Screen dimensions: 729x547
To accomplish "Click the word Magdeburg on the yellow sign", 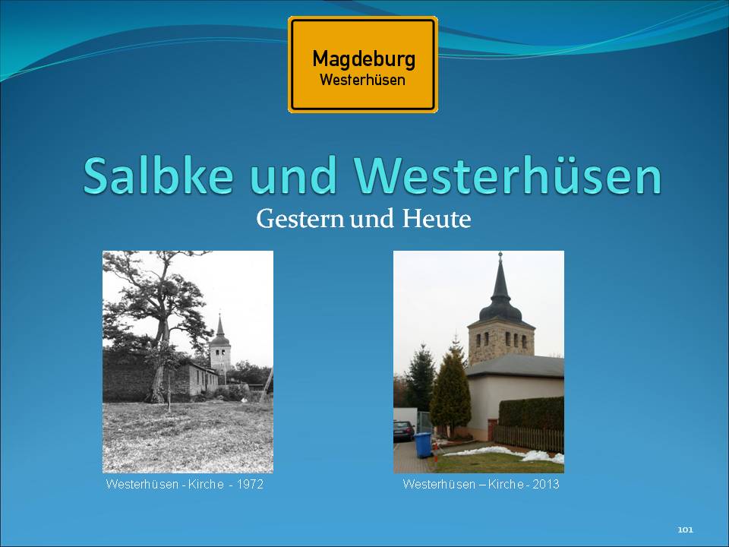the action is [x=364, y=60].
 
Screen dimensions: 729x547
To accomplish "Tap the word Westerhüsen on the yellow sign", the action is [x=363, y=80].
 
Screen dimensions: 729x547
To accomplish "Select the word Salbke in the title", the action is [x=158, y=176].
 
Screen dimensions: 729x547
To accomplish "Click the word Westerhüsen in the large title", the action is [x=508, y=176].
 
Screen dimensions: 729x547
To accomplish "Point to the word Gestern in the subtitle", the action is [x=300, y=219].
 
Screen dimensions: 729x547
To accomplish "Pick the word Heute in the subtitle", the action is [x=436, y=219].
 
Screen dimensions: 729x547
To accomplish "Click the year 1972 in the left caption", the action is [x=250, y=484].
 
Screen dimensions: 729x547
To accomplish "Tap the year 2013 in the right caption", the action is [x=546, y=484].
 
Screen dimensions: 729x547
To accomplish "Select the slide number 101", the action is [x=685, y=530].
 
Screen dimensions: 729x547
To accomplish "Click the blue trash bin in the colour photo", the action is [x=423, y=445].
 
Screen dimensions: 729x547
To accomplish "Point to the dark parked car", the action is [x=403, y=431].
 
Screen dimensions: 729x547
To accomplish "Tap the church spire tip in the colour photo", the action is [x=500, y=254].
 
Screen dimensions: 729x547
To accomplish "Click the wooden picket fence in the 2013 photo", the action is [x=529, y=438].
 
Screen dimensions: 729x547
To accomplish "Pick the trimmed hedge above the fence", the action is [x=532, y=413].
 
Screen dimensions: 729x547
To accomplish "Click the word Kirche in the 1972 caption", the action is [x=206, y=484].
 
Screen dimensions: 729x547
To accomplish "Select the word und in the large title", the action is [x=293, y=176].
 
